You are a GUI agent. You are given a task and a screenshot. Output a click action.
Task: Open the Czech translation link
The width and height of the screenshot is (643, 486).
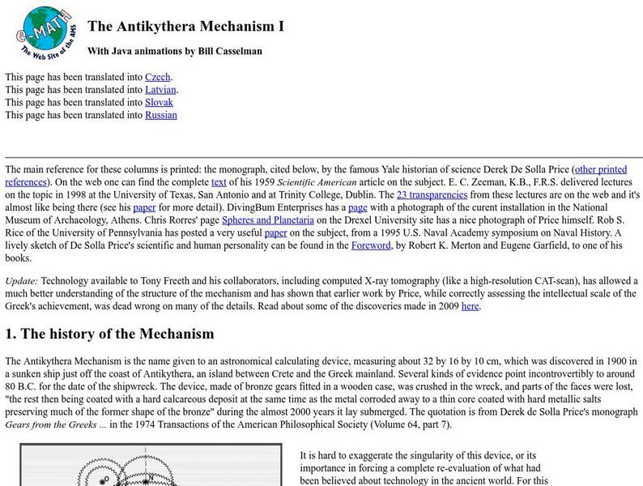click(x=158, y=77)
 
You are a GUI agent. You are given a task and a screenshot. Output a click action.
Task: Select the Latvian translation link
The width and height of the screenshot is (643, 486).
click(x=160, y=90)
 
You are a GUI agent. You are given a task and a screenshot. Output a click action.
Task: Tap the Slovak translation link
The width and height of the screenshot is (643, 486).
click(x=159, y=103)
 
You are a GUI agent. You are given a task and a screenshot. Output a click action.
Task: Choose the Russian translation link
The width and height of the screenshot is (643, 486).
click(x=160, y=116)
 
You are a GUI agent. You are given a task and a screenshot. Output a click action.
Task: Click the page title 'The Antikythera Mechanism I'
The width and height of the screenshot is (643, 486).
click(x=185, y=26)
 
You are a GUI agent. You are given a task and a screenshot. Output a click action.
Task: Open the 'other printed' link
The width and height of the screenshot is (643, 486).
click(x=600, y=169)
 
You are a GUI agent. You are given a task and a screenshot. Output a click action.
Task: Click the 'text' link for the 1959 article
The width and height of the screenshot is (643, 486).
click(x=219, y=182)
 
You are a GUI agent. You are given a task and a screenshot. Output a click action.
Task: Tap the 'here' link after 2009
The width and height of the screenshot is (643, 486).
click(x=471, y=306)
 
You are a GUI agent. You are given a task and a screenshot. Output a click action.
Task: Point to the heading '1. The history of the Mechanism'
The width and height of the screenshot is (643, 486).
click(x=109, y=334)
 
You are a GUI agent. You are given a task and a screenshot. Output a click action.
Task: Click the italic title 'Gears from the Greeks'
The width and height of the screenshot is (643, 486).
click(x=52, y=424)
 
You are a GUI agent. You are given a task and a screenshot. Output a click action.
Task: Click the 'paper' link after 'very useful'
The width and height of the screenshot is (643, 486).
click(x=275, y=234)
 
